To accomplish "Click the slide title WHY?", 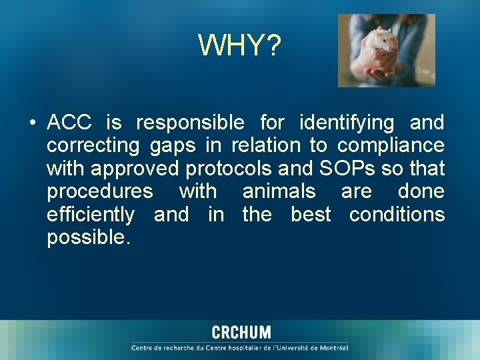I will click(x=240, y=46).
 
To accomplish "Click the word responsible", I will click(x=190, y=123).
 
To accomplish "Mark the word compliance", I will click(x=391, y=145).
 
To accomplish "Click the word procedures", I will click(x=100, y=192).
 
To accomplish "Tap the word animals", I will click(x=279, y=191).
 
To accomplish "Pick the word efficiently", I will click(x=90, y=215).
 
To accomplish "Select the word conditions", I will click(x=397, y=215).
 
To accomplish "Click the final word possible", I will click(x=86, y=238).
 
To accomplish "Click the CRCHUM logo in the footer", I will click(x=241, y=333).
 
